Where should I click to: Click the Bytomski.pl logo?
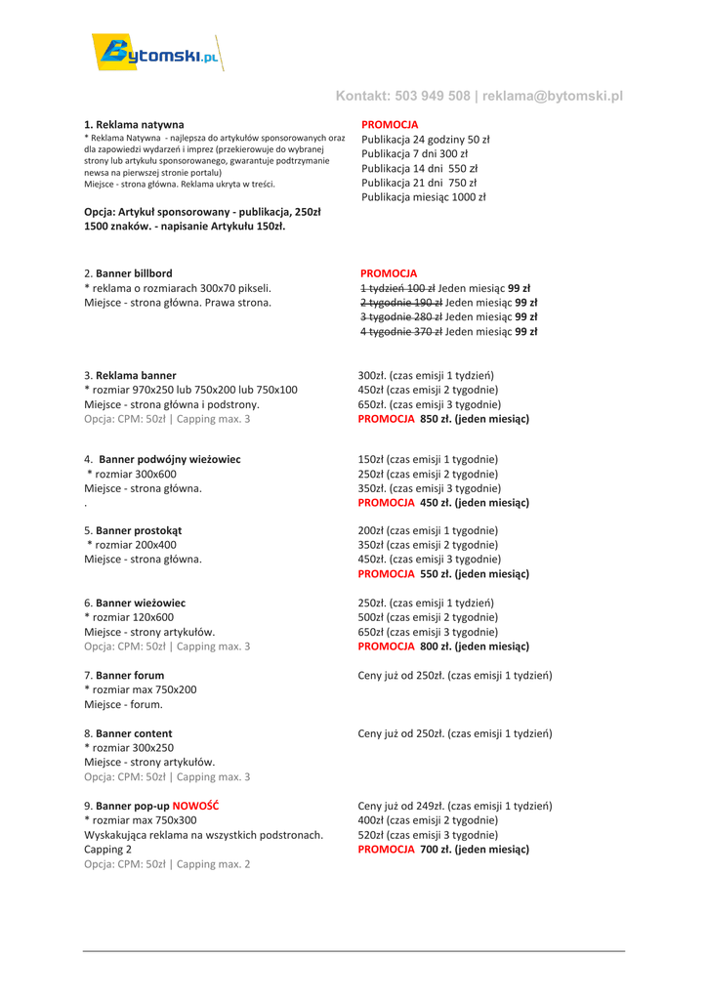pos(157,53)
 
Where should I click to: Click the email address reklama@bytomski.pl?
pos(553,96)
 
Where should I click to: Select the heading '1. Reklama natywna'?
pos(134,125)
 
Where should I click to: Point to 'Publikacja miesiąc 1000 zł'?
pos(424,197)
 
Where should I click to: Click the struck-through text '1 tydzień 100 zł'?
pos(397,288)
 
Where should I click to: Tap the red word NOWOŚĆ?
pos(195,806)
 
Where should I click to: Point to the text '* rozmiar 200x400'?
pos(132,545)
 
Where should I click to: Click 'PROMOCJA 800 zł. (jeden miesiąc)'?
pos(443,646)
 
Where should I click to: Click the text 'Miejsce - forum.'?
pos(123,704)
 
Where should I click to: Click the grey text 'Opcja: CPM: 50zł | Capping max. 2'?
pos(167,864)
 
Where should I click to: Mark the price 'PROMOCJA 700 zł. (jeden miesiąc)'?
pos(443,850)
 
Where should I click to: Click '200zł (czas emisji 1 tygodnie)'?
pos(429,530)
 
